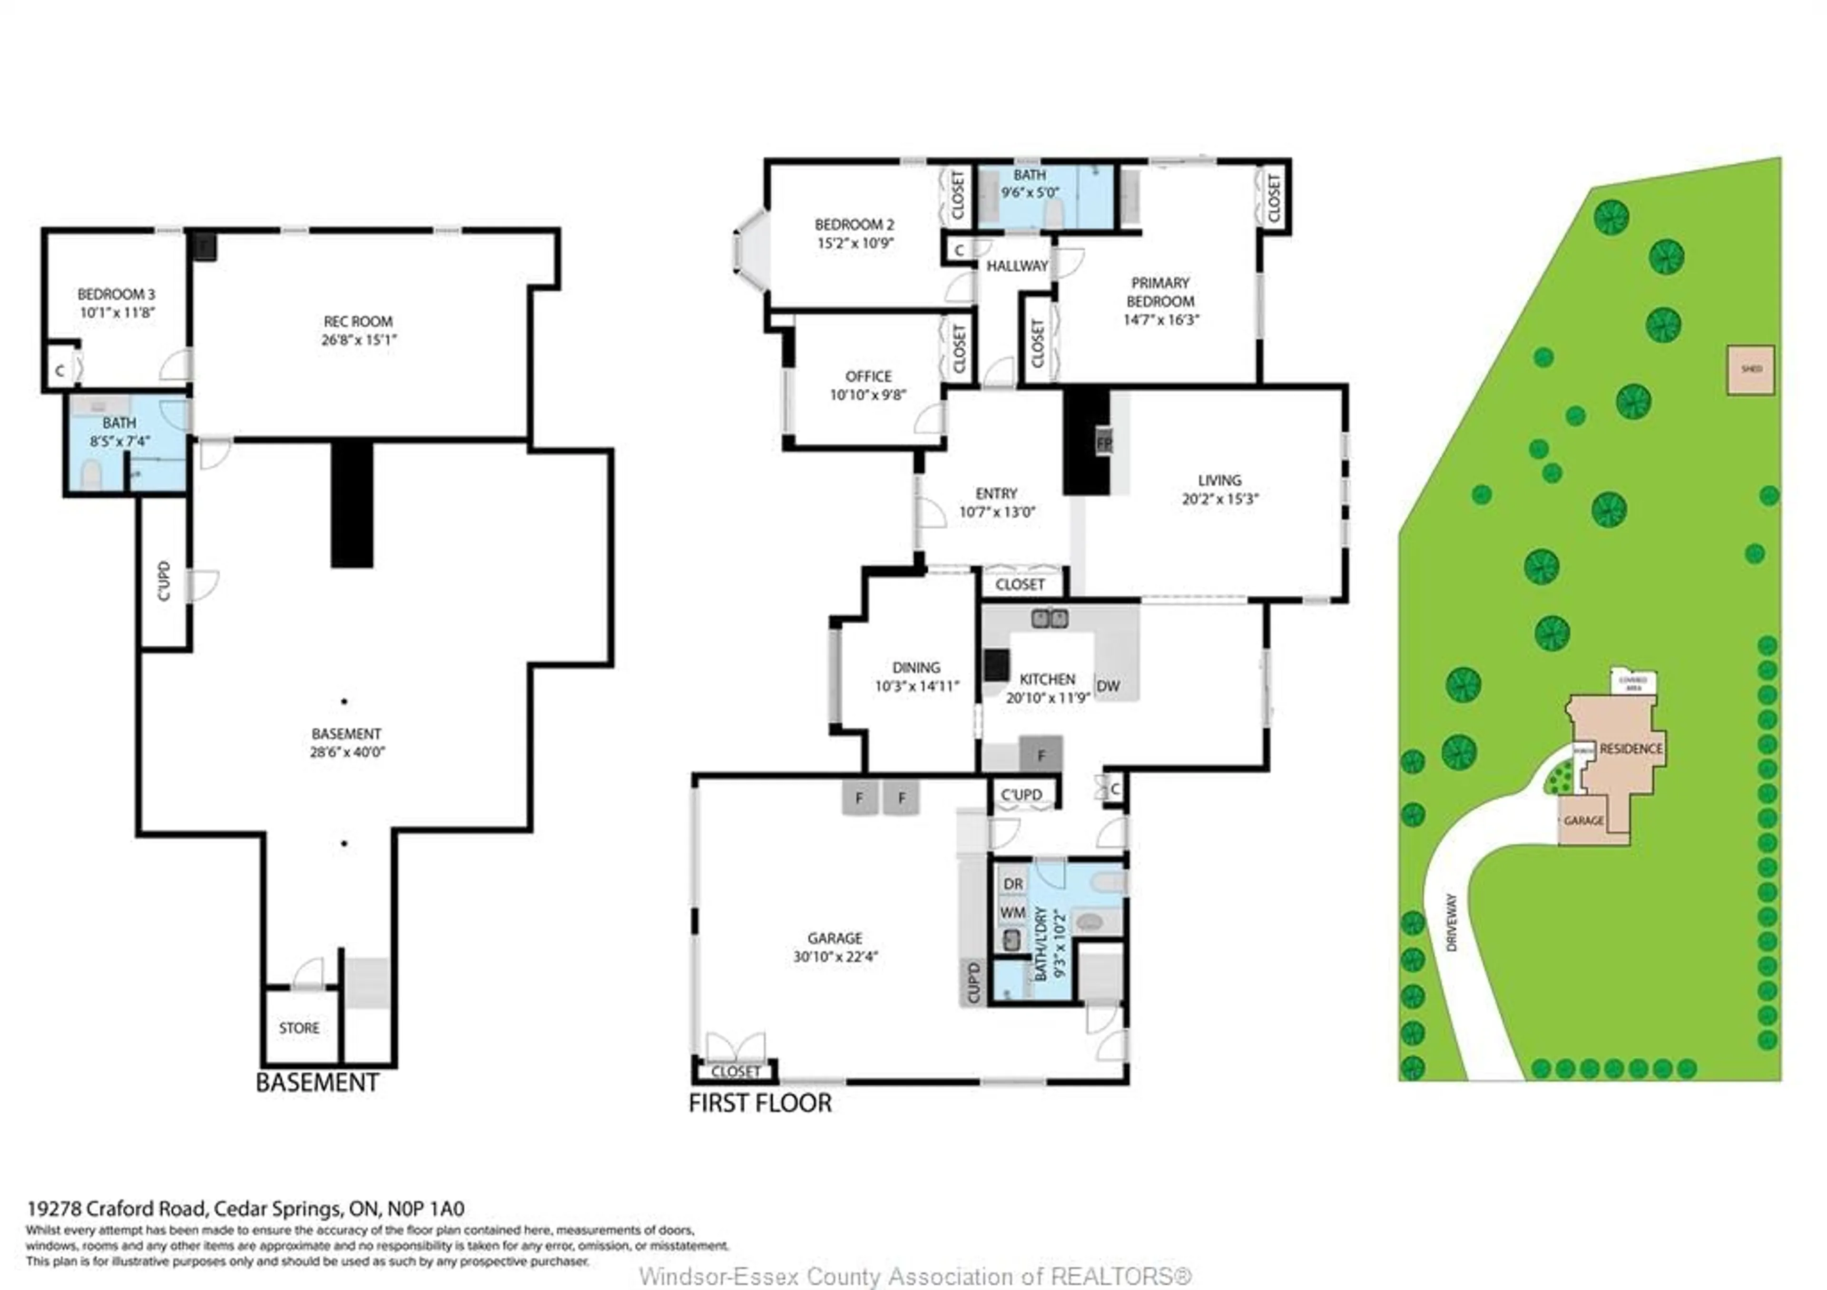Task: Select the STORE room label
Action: [x=299, y=1028]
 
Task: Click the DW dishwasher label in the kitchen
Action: [x=1108, y=686]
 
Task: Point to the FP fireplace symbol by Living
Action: [x=1104, y=443]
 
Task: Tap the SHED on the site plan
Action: [x=1750, y=369]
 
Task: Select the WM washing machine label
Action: [x=1012, y=913]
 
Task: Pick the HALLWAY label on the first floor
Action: [x=1017, y=266]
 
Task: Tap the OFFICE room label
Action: [x=868, y=376]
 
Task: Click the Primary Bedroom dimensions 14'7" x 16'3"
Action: [x=1161, y=320]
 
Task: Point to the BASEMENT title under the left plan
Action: [x=317, y=1083]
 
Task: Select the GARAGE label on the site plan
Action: [x=1583, y=820]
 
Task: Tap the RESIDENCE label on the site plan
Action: [x=1631, y=749]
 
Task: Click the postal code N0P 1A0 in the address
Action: [x=426, y=1209]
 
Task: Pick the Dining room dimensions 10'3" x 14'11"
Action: [x=917, y=686]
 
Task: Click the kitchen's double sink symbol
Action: [x=1050, y=618]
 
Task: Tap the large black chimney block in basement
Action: [x=352, y=504]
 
